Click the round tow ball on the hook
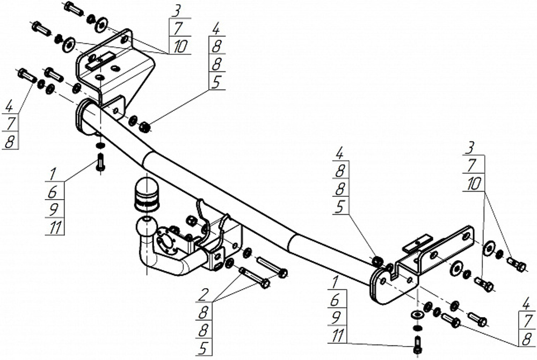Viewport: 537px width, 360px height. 147,227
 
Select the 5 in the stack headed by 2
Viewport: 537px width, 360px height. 204,348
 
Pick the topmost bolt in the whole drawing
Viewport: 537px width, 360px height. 73,8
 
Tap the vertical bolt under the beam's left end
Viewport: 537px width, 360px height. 101,161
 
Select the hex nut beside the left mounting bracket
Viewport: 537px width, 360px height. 144,127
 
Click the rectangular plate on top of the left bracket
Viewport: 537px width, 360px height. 101,61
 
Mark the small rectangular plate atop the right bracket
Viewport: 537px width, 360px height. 418,243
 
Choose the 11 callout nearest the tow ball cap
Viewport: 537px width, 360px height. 55,227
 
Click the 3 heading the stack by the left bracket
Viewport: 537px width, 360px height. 176,11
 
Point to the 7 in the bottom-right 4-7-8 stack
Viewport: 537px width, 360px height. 528,321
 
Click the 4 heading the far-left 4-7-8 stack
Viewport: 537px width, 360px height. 10,106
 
